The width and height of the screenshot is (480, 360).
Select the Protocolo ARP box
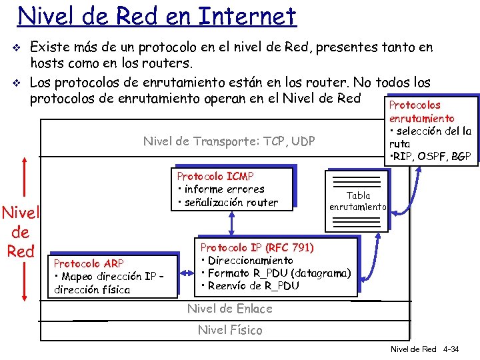113,275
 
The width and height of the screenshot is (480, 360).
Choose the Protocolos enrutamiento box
430,131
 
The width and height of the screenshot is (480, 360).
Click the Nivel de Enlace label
229,308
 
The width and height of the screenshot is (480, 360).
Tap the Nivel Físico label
230,329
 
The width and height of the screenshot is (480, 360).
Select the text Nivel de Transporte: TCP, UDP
229,141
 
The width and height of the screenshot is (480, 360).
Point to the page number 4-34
451,349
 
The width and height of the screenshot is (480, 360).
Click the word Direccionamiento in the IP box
250,260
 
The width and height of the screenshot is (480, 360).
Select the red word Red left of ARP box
20,251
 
